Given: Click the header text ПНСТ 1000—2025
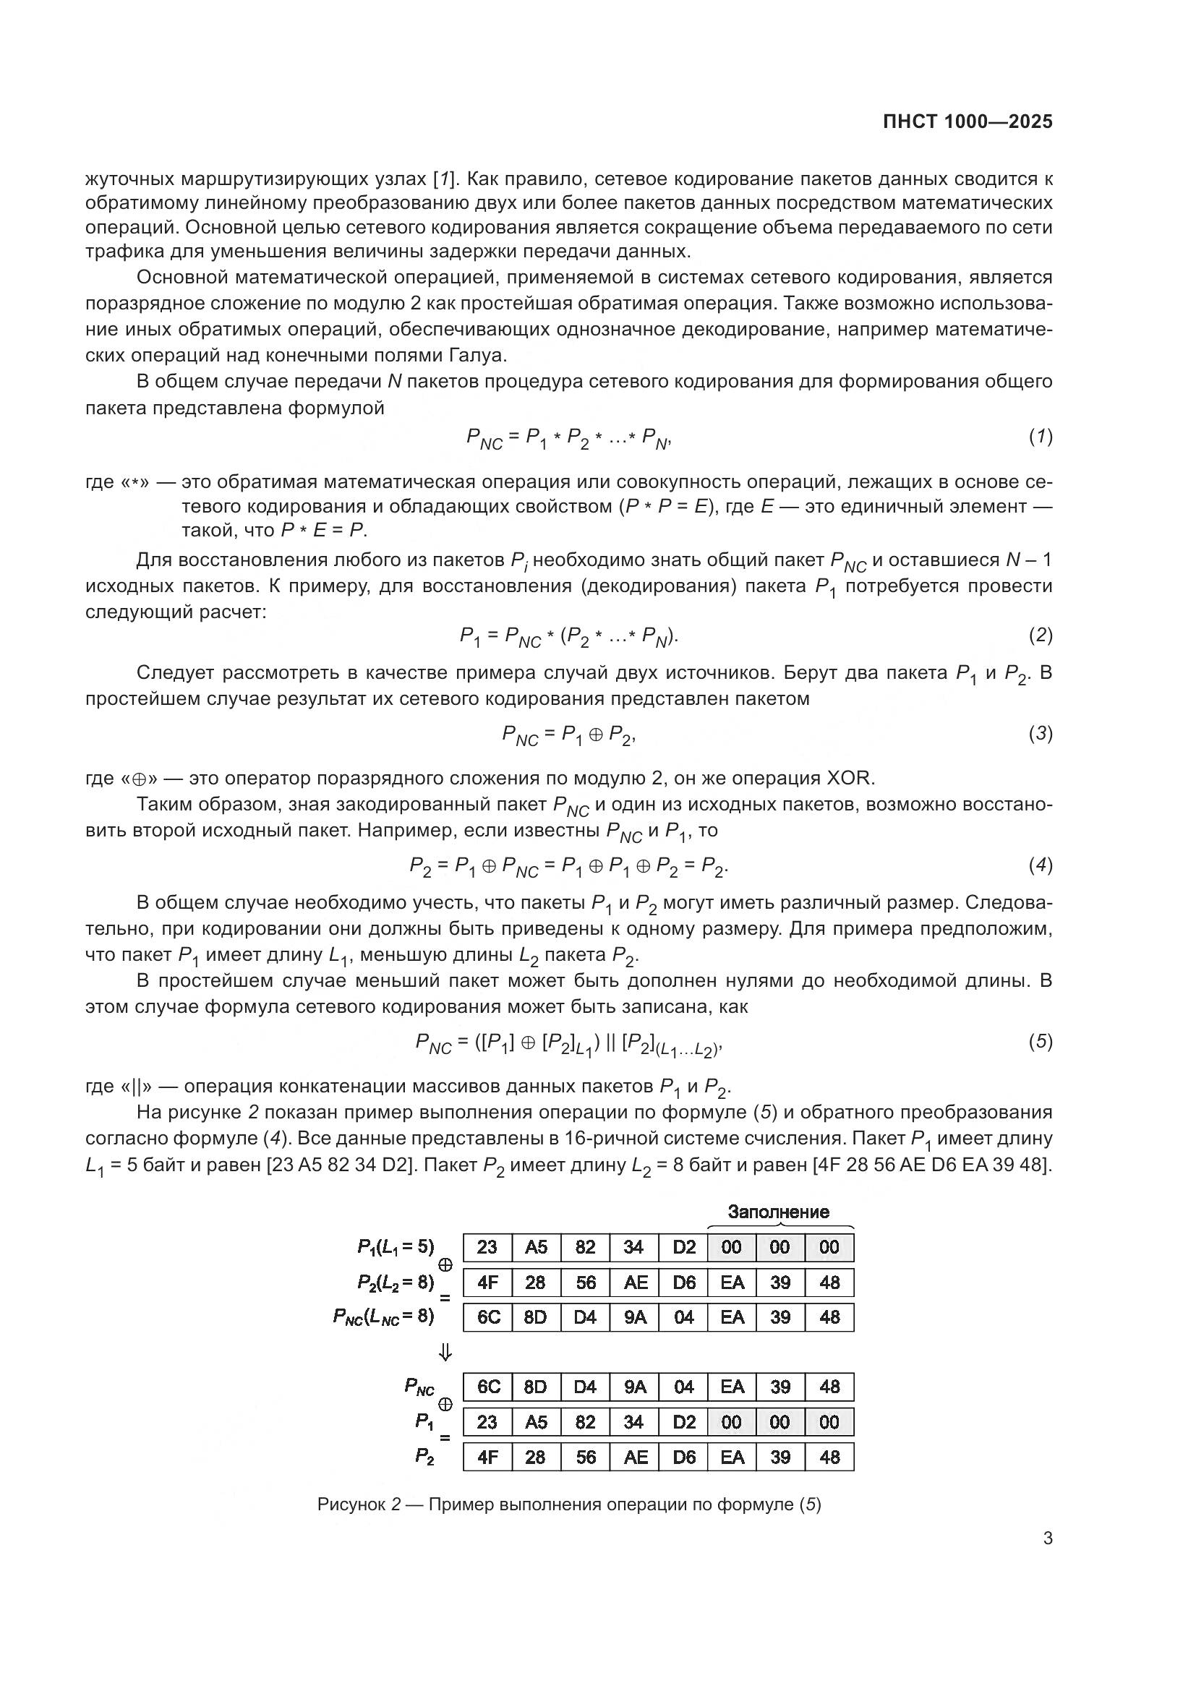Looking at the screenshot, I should pos(967,122).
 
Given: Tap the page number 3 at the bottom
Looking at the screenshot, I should pos(1048,1538).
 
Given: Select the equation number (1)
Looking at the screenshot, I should pos(1041,437).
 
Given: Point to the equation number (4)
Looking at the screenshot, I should pos(1041,865).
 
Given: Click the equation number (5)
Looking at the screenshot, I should pos(1041,1041).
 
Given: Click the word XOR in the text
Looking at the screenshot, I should pos(851,778).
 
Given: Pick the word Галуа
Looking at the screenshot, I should pos(478,356).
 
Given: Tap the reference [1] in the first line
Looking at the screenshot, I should pos(445,179).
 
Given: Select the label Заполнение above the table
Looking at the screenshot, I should pos(779,1212).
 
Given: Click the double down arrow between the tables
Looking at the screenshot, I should pos(445,1352).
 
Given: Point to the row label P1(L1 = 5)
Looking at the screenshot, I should pos(396,1246).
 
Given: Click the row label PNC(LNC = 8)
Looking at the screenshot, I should pos(384,1316).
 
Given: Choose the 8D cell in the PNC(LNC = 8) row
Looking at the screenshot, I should pos(535,1317).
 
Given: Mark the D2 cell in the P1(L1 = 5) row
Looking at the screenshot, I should pos(683,1247).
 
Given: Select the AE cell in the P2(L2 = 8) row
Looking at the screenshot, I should pos(635,1283).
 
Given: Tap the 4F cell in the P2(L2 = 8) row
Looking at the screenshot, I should pos(487,1283).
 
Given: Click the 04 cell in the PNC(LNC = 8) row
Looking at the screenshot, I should pos(683,1317).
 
